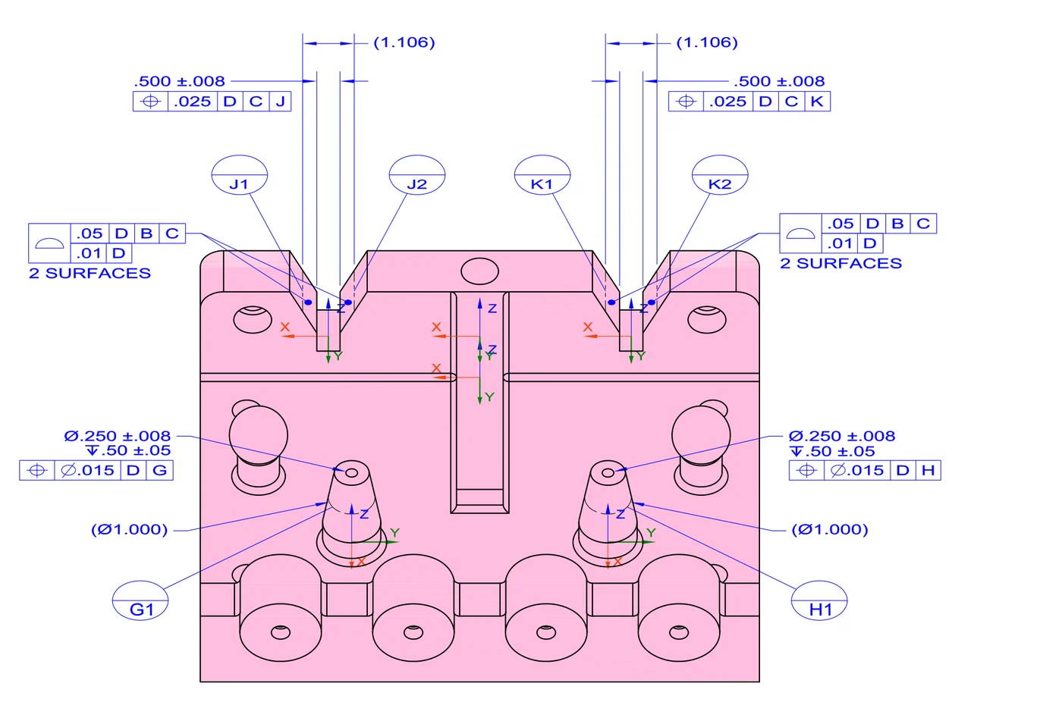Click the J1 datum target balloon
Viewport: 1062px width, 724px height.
coord(240,175)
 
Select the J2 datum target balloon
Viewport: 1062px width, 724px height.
coord(416,175)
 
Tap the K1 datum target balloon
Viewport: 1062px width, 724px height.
coord(542,175)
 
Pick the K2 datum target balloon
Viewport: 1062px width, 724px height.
coord(720,175)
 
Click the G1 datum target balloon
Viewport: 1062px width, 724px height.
coord(140,600)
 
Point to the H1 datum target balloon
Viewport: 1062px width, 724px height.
coord(819,600)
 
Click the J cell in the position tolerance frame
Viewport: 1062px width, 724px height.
coord(280,102)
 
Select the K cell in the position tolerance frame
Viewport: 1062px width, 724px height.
coord(818,102)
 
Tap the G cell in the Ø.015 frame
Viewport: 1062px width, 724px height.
coord(160,470)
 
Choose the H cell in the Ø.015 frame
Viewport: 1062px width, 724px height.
coord(928,470)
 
